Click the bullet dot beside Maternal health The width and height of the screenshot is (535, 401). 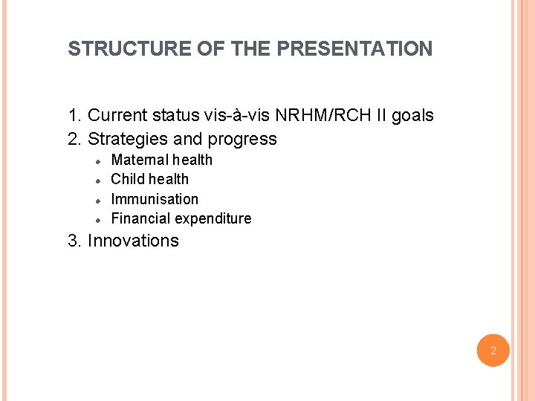[97, 160]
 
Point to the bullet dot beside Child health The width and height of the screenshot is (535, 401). [97, 180]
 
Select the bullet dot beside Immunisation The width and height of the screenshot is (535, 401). [97, 200]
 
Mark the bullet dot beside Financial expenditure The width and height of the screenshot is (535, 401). [97, 219]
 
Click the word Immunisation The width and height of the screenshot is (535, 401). [155, 199]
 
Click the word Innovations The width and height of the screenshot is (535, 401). [133, 241]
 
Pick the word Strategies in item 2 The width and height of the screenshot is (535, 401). [127, 139]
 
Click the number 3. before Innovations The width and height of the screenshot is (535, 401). [75, 241]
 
